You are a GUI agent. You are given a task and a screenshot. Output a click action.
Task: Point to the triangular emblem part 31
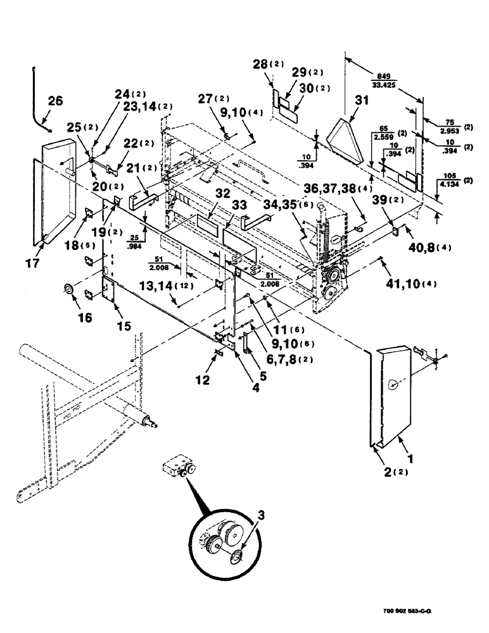tap(345, 136)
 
